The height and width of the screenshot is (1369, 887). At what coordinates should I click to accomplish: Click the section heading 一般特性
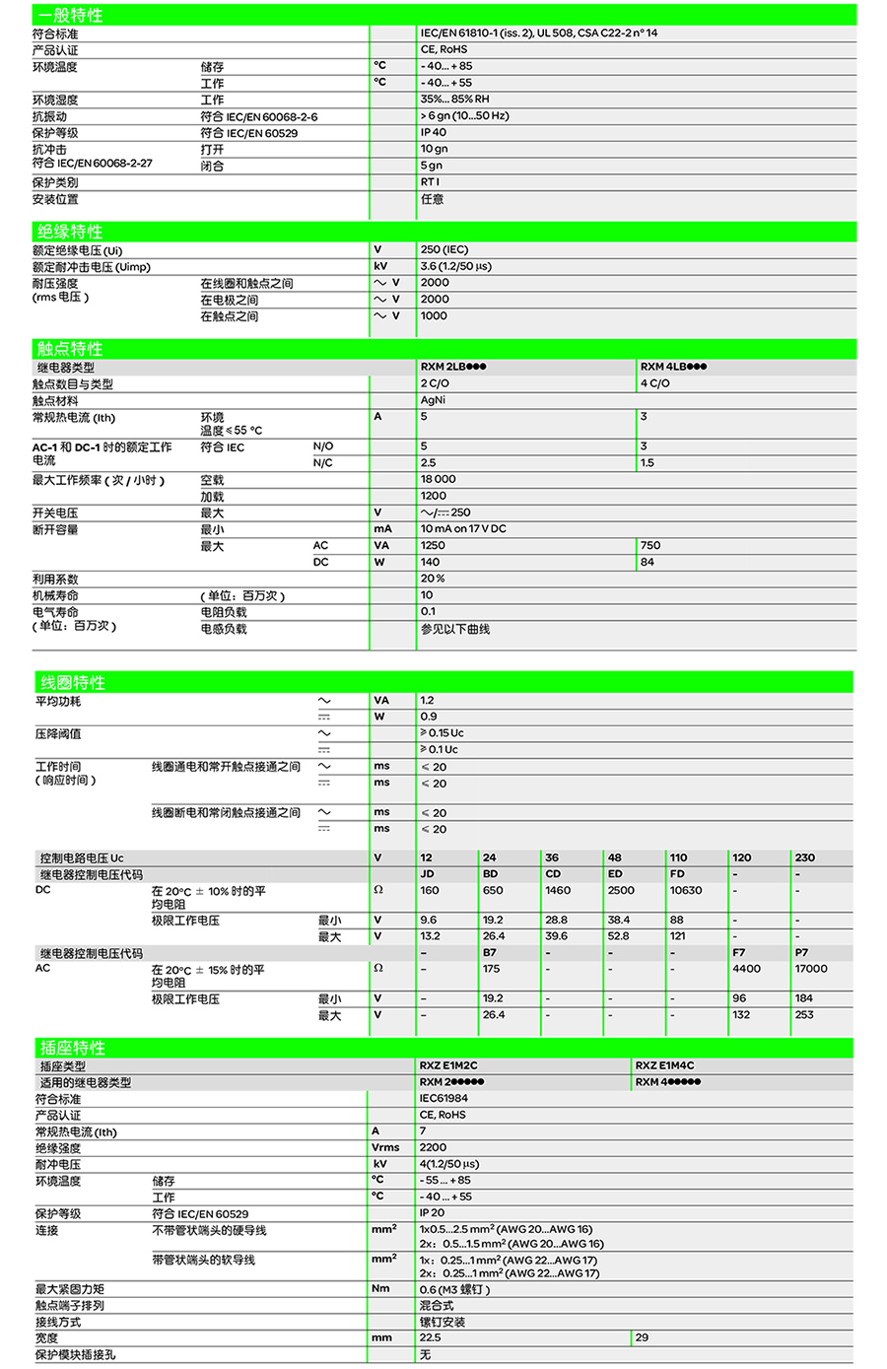[70, 16]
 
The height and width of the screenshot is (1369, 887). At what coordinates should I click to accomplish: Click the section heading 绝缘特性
[70, 232]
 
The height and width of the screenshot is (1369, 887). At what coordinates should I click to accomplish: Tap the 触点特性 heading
[70, 349]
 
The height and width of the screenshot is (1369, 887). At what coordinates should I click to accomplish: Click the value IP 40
[434, 132]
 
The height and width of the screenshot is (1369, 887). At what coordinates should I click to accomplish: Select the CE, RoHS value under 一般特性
[443, 49]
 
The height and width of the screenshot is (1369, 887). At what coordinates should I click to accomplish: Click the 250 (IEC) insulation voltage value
[444, 250]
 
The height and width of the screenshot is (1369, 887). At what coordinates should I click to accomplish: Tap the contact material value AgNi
[433, 400]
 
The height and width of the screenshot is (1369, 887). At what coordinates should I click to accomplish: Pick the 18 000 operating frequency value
[438, 479]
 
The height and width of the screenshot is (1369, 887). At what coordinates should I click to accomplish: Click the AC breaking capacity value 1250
[433, 545]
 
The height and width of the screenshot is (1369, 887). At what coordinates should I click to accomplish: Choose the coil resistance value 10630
[686, 890]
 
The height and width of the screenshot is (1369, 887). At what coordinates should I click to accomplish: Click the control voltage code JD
[428, 873]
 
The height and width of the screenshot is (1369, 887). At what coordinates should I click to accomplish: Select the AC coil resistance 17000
[811, 969]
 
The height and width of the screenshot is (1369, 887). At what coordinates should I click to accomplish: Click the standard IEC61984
[443, 1098]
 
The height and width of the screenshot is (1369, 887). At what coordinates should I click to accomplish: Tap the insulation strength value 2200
[433, 1147]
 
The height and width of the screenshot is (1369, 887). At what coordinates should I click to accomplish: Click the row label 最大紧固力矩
[70, 1289]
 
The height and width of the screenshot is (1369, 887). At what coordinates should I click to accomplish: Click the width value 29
[642, 1337]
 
